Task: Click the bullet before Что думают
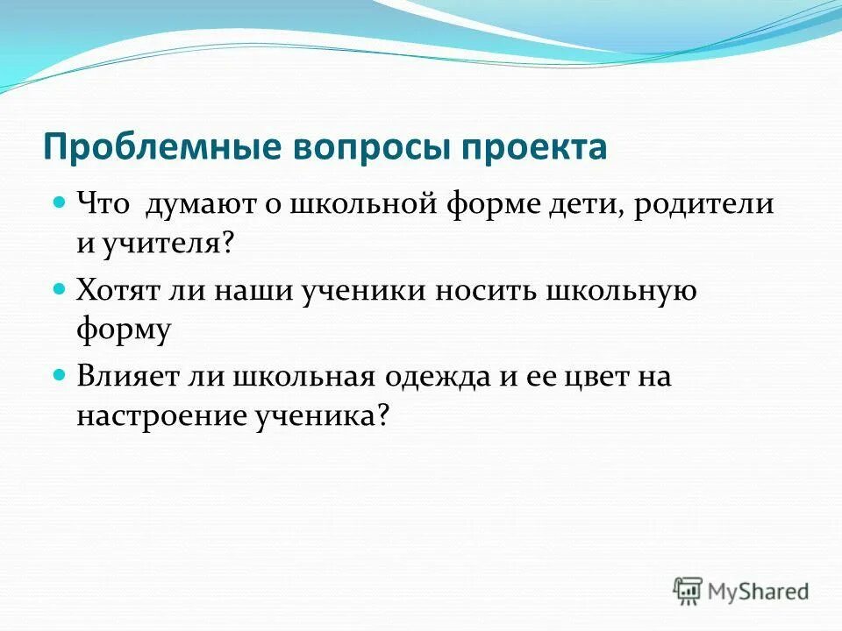click(60, 202)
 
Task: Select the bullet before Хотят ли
click(60, 287)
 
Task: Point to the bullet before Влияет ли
click(60, 373)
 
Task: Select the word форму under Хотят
click(122, 330)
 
